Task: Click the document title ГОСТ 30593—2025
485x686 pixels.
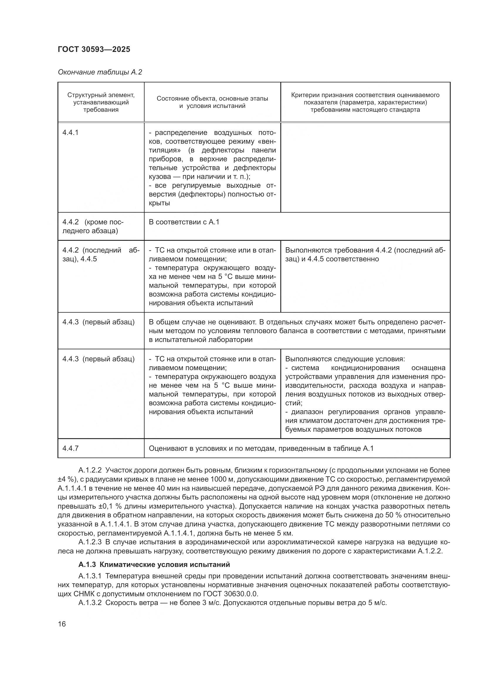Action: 94,49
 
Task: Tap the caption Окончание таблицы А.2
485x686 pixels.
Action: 100,72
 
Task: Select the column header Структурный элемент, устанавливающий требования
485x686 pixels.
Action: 101,102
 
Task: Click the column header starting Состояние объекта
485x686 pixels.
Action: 212,102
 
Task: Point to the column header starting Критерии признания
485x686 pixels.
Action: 365,102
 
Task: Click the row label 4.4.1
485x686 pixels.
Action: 70,133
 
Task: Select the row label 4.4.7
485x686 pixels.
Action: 70,448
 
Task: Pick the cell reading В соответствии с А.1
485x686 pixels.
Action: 184,222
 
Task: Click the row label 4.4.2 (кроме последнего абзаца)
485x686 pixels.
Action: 93,226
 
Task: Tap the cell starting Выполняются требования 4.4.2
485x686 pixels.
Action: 365,254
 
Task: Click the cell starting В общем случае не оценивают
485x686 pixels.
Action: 297,331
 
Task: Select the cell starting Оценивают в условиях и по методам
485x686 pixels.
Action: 261,448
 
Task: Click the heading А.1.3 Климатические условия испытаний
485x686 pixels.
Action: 154,565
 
